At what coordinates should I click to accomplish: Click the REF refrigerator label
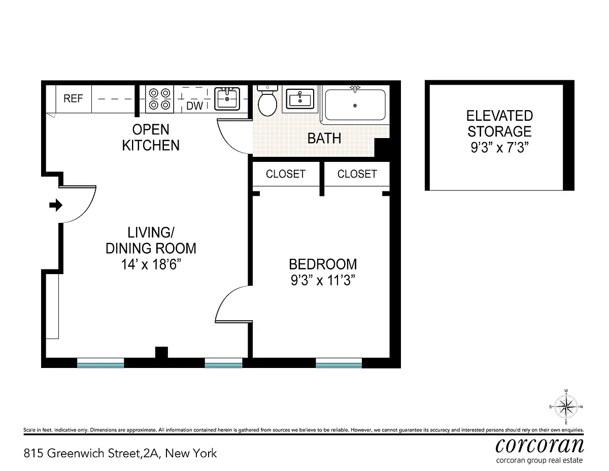[73, 98]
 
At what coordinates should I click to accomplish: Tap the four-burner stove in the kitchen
[159, 99]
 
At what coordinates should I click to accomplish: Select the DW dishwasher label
[194, 106]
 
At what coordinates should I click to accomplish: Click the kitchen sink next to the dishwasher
[227, 98]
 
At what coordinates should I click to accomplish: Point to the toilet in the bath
[267, 100]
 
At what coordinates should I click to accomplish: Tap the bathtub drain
[355, 106]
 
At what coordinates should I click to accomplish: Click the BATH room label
[324, 138]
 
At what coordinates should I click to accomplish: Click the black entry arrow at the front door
[56, 205]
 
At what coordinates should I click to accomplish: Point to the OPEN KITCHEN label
[151, 138]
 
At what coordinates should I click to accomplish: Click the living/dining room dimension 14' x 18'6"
[151, 264]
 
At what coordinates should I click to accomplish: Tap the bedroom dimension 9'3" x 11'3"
[323, 280]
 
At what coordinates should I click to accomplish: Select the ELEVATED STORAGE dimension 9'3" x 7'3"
[499, 147]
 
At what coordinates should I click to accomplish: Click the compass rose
[566, 407]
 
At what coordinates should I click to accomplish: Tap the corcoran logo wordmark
[539, 445]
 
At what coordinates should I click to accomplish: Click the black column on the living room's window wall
[161, 352]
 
